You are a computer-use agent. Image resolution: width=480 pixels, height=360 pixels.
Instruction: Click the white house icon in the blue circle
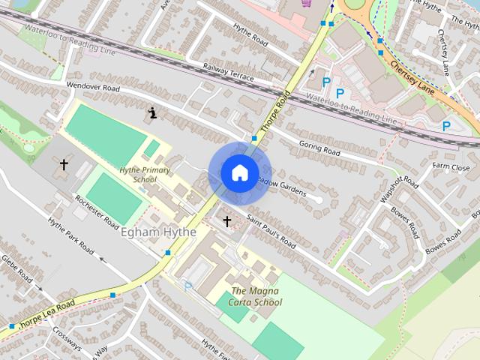pos(239,172)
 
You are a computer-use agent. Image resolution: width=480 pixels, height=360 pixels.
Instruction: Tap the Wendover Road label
pos(93,87)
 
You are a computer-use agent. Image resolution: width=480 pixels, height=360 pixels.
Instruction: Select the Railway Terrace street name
pos(228,73)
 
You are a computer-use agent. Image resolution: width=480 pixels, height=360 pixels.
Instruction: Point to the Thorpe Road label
pos(277,106)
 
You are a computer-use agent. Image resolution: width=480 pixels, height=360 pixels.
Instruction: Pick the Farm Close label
pos(450,166)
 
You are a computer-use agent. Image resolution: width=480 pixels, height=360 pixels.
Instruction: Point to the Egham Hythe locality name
pos(157,232)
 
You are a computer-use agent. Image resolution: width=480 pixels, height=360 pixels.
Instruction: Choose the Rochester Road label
pos(96,212)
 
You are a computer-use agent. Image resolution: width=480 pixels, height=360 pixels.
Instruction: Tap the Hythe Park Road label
pos(71,236)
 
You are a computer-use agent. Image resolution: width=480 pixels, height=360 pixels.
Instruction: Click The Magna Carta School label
pos(256,296)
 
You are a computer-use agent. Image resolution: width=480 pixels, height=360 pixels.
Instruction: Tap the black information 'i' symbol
pos(153,113)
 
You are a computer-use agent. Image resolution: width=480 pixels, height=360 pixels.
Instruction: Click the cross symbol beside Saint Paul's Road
pos(227,222)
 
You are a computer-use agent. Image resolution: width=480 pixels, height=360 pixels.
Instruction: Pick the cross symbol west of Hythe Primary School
pos(64,163)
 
